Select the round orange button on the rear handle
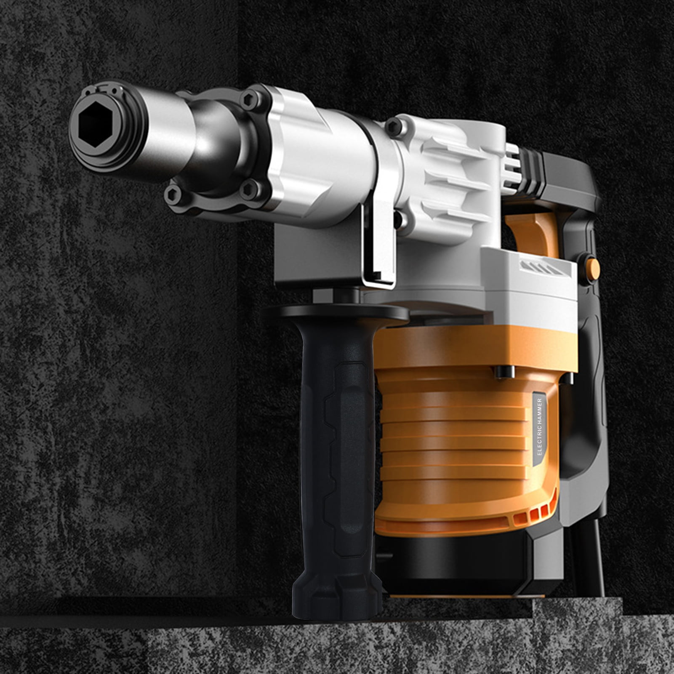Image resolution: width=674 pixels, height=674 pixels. tap(593, 266)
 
